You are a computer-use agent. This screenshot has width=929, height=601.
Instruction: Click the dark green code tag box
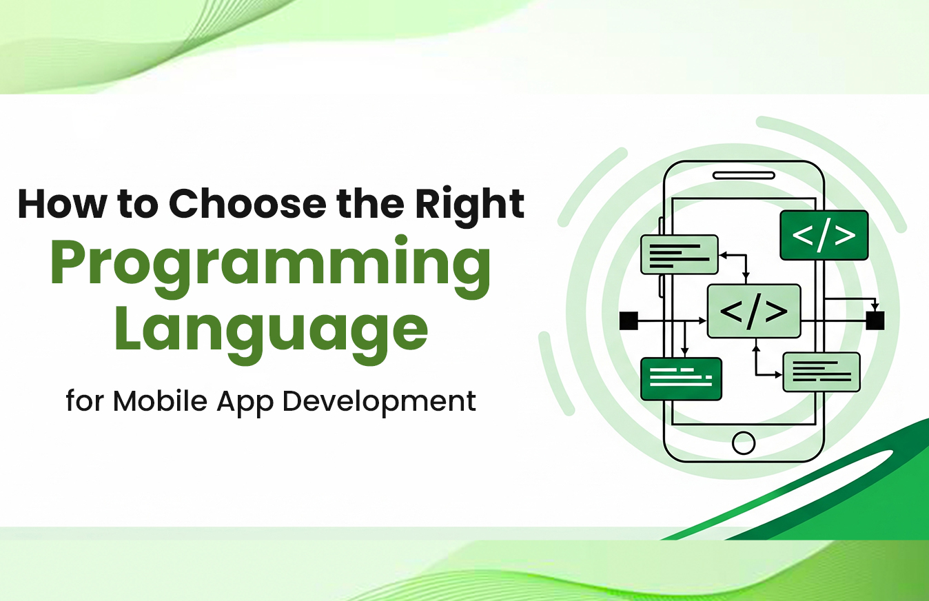pyautogui.click(x=824, y=235)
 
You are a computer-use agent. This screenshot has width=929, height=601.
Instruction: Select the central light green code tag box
pyautogui.click(x=754, y=311)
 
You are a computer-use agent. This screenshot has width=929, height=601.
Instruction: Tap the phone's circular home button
pyautogui.click(x=744, y=442)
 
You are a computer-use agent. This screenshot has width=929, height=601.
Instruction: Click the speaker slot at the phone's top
pyautogui.click(x=744, y=175)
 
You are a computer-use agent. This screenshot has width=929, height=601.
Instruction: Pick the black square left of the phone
pyautogui.click(x=629, y=320)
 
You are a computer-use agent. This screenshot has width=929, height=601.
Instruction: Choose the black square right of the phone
pyautogui.click(x=875, y=320)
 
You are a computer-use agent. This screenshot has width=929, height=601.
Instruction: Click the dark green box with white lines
pyautogui.click(x=681, y=378)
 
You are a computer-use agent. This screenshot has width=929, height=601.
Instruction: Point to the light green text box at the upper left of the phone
pyautogui.click(x=679, y=254)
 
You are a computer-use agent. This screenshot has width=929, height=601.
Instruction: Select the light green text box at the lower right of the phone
pyautogui.click(x=821, y=372)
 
